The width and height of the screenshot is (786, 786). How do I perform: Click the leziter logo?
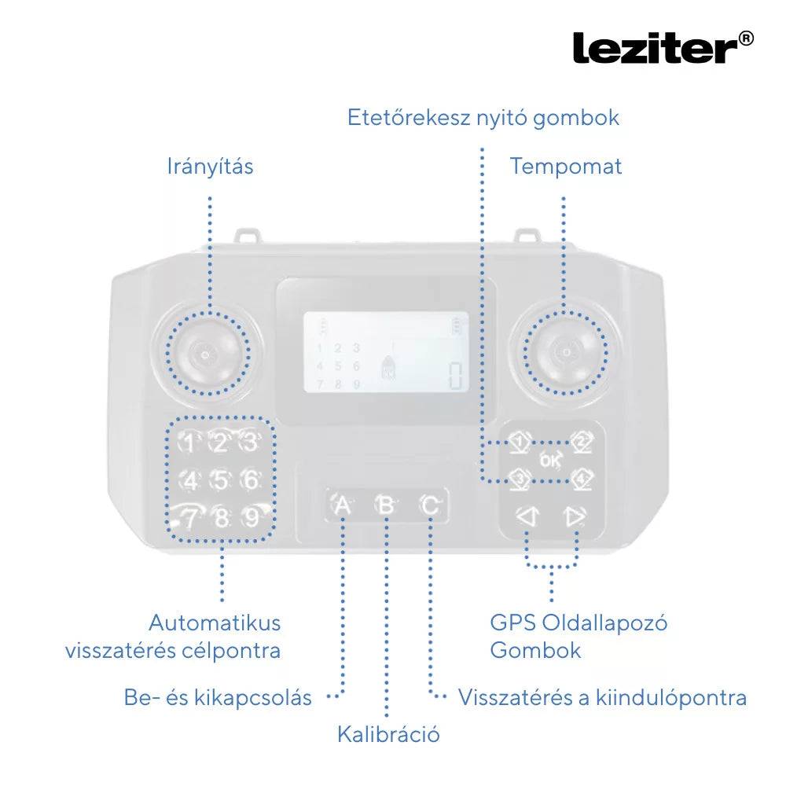tap(663, 48)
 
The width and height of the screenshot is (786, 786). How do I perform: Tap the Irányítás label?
tap(210, 167)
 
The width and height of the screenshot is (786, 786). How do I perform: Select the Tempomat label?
tap(565, 167)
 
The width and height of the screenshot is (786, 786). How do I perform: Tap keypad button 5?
tap(221, 480)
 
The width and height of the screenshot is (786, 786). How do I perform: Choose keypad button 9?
tap(252, 517)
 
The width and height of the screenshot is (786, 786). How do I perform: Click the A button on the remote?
tap(343, 505)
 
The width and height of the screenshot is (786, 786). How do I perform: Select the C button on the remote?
tap(430, 505)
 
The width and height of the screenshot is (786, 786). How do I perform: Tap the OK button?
tap(550, 460)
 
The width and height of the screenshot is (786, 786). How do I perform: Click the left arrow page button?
tap(527, 517)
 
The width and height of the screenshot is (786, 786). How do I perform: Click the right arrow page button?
tap(575, 517)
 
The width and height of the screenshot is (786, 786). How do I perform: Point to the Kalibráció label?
tap(388, 734)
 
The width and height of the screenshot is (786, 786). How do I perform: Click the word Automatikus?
tap(215, 623)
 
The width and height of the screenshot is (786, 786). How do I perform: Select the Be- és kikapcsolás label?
tap(218, 697)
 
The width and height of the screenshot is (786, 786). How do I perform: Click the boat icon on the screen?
tap(388, 368)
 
